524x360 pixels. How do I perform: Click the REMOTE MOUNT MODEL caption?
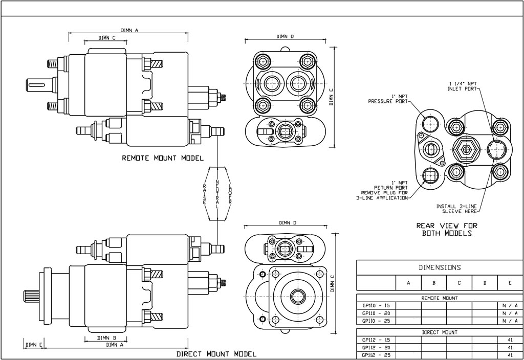163,158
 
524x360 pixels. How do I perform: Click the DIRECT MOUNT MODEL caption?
216,354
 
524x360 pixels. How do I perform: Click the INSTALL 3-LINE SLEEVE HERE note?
456,209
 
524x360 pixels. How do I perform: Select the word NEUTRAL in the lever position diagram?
218,193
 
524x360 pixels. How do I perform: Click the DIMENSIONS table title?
440,267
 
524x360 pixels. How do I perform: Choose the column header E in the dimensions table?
510,283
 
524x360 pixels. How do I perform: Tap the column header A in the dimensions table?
408,283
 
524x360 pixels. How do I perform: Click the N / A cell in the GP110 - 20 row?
510,313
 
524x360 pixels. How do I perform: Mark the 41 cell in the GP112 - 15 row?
510,340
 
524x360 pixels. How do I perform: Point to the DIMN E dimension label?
33,345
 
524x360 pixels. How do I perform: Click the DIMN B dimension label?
106,338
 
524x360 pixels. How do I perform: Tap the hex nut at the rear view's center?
466,150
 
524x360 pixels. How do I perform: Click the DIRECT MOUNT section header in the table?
440,332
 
